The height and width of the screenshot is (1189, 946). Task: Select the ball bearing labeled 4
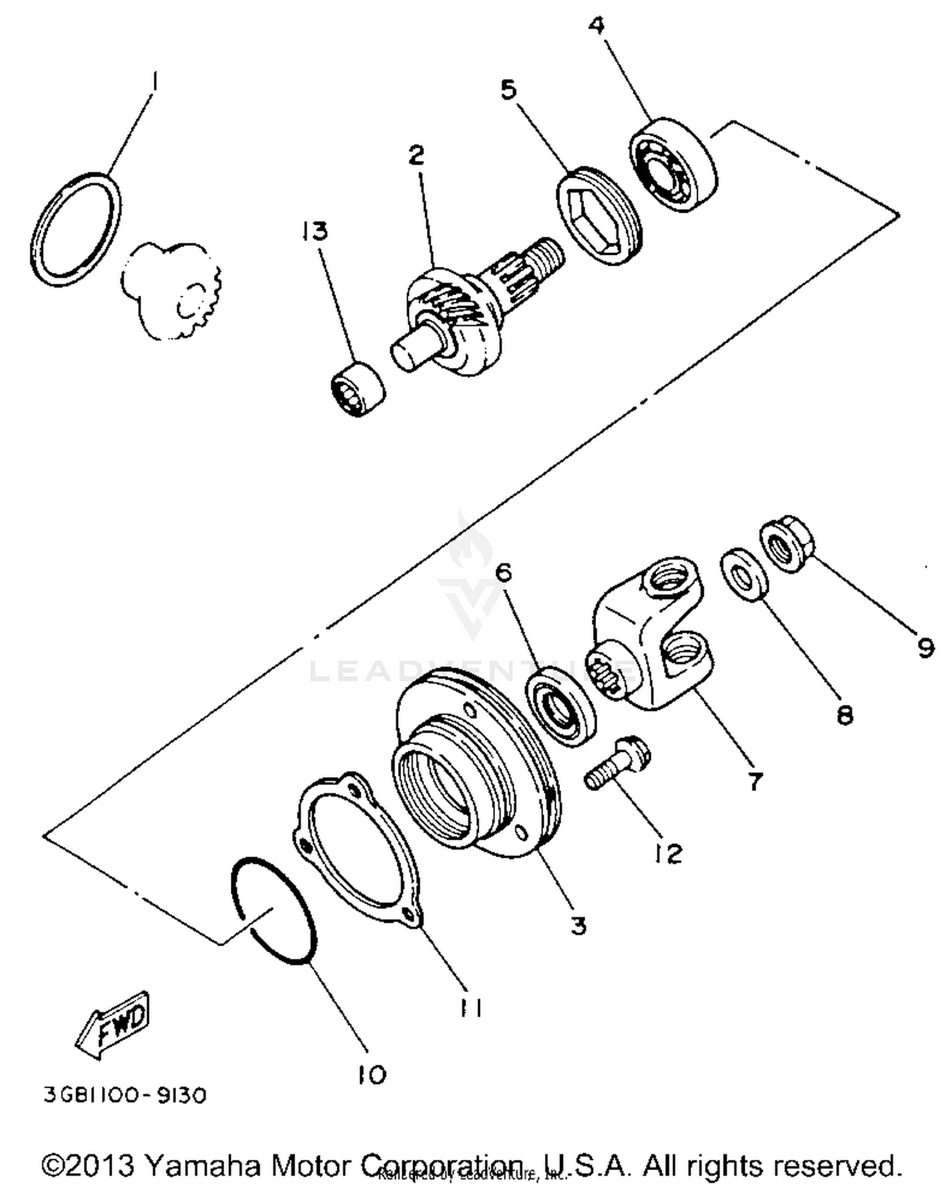pyautogui.click(x=674, y=165)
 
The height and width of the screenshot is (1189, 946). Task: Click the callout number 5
pyautogui.click(x=508, y=90)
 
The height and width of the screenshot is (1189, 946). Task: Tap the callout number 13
pyautogui.click(x=314, y=231)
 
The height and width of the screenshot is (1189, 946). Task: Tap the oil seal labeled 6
pyautogui.click(x=562, y=704)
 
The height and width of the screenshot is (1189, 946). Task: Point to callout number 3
pyautogui.click(x=578, y=926)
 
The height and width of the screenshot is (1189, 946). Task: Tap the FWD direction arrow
pyautogui.click(x=114, y=1025)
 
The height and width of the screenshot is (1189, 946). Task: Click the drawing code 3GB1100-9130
pyautogui.click(x=124, y=1095)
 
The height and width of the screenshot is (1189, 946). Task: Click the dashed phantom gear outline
pyautogui.click(x=170, y=290)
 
